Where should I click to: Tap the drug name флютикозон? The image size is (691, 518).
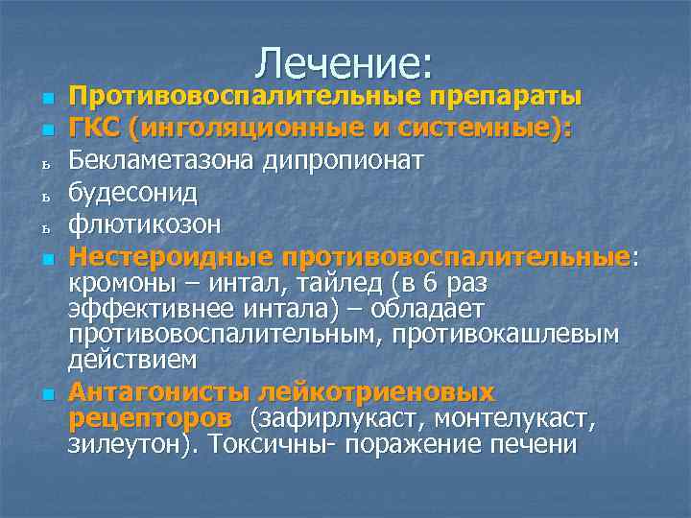145,224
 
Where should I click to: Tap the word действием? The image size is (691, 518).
132,360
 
